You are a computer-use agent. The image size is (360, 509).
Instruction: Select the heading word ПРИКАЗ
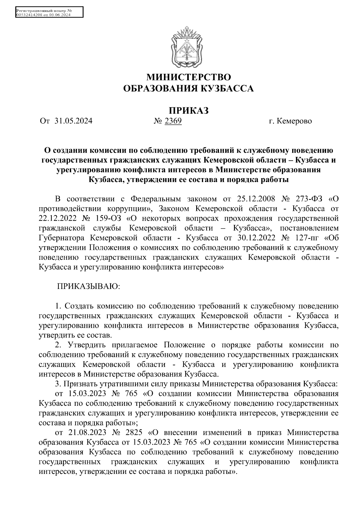click(x=188, y=110)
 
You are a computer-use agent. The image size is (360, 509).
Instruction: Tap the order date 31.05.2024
click(x=74, y=121)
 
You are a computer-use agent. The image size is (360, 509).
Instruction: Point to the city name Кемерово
click(x=295, y=121)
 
